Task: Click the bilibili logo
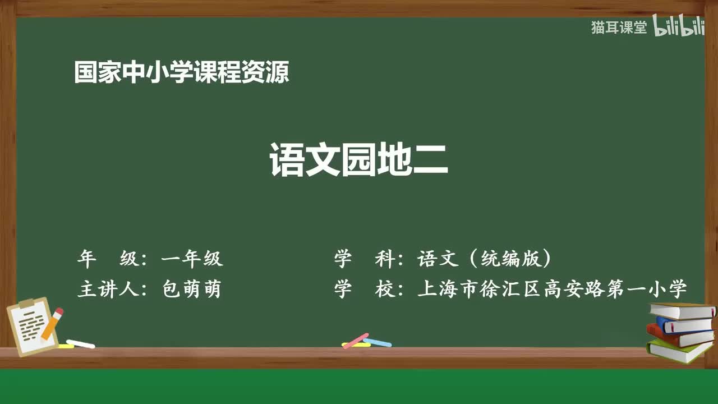(x=679, y=26)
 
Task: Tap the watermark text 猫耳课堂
(x=619, y=27)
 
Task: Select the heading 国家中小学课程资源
(x=182, y=72)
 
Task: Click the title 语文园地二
(x=358, y=160)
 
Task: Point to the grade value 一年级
(x=192, y=259)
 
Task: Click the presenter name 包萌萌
(x=192, y=289)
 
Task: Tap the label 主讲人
(x=108, y=289)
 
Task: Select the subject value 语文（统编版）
(x=484, y=259)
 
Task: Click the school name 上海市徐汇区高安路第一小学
(x=552, y=289)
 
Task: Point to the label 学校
(x=365, y=289)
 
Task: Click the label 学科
(x=365, y=259)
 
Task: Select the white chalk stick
(x=81, y=344)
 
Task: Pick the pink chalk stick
(x=356, y=341)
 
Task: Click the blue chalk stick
(x=378, y=342)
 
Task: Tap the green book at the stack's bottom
(x=679, y=351)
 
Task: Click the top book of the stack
(x=682, y=311)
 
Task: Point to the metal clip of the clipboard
(x=26, y=303)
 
